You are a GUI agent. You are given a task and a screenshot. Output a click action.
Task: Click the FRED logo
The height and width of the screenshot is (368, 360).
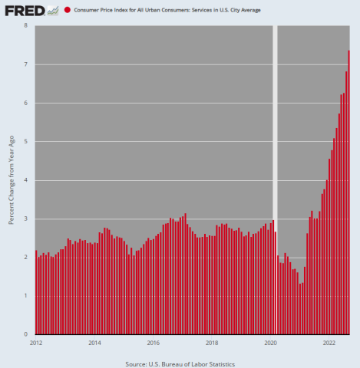[24, 10]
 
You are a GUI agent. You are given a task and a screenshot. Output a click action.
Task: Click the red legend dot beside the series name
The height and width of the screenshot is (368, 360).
[68, 10]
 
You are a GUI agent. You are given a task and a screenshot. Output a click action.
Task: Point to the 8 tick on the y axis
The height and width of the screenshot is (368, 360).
[26, 25]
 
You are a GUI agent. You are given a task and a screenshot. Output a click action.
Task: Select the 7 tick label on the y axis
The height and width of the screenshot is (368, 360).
[26, 64]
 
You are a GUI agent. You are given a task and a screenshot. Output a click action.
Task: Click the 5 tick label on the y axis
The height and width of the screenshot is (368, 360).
[26, 142]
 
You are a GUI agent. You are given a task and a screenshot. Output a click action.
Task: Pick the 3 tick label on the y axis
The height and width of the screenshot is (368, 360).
[26, 219]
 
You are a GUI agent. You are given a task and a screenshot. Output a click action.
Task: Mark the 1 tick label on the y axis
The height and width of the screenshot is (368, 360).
[26, 296]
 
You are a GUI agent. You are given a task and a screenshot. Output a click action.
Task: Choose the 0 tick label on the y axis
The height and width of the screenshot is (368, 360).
[26, 335]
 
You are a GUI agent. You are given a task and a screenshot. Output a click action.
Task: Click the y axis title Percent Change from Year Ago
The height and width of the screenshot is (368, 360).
[11, 180]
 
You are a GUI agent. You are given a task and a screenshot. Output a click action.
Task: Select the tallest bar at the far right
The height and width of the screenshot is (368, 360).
[348, 192]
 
